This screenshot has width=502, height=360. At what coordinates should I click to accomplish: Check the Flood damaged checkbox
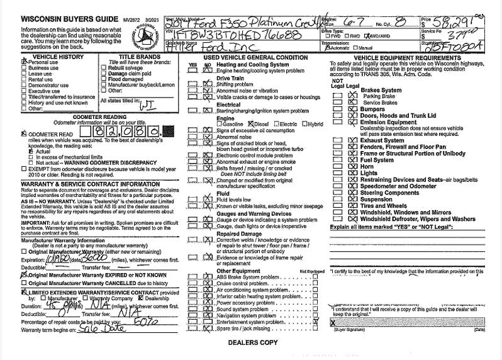coord(104,79)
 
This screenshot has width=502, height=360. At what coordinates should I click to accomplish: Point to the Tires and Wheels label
coord(384,205)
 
